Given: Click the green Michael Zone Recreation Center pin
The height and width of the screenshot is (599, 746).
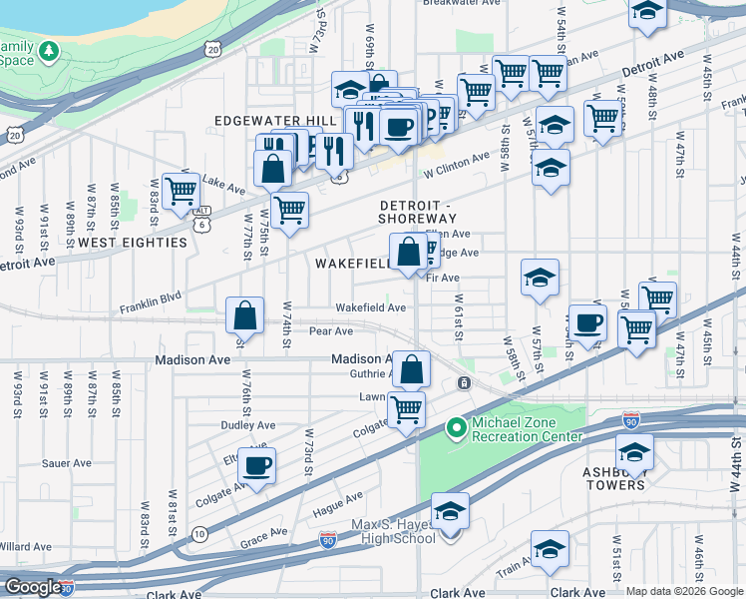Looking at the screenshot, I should tap(457, 428).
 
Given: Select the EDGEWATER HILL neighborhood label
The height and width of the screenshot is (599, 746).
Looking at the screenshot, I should tap(275, 120).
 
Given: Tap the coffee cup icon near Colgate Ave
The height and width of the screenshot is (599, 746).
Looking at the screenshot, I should tap(257, 465).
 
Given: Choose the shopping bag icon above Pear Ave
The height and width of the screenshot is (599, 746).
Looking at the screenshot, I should tap(244, 316).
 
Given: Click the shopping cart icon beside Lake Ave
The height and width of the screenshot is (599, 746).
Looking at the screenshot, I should tap(181, 189).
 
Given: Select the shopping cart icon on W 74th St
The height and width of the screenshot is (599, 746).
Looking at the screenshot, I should tap(288, 210).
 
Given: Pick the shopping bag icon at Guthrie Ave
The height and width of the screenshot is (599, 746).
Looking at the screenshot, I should tap(410, 369).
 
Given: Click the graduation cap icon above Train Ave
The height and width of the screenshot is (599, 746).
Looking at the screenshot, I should tap(549, 549).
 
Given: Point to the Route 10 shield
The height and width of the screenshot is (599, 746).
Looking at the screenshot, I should tap(200, 533).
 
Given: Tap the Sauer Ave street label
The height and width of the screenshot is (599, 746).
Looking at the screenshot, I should tap(67, 463).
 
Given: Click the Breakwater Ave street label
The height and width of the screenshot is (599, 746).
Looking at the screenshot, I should tap(460, 3).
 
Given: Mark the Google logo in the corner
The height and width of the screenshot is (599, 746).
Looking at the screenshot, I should tap(32, 587).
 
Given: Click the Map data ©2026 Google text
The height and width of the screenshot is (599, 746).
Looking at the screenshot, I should tap(684, 591).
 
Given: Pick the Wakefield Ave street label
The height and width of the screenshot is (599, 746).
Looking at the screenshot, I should tap(370, 307).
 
